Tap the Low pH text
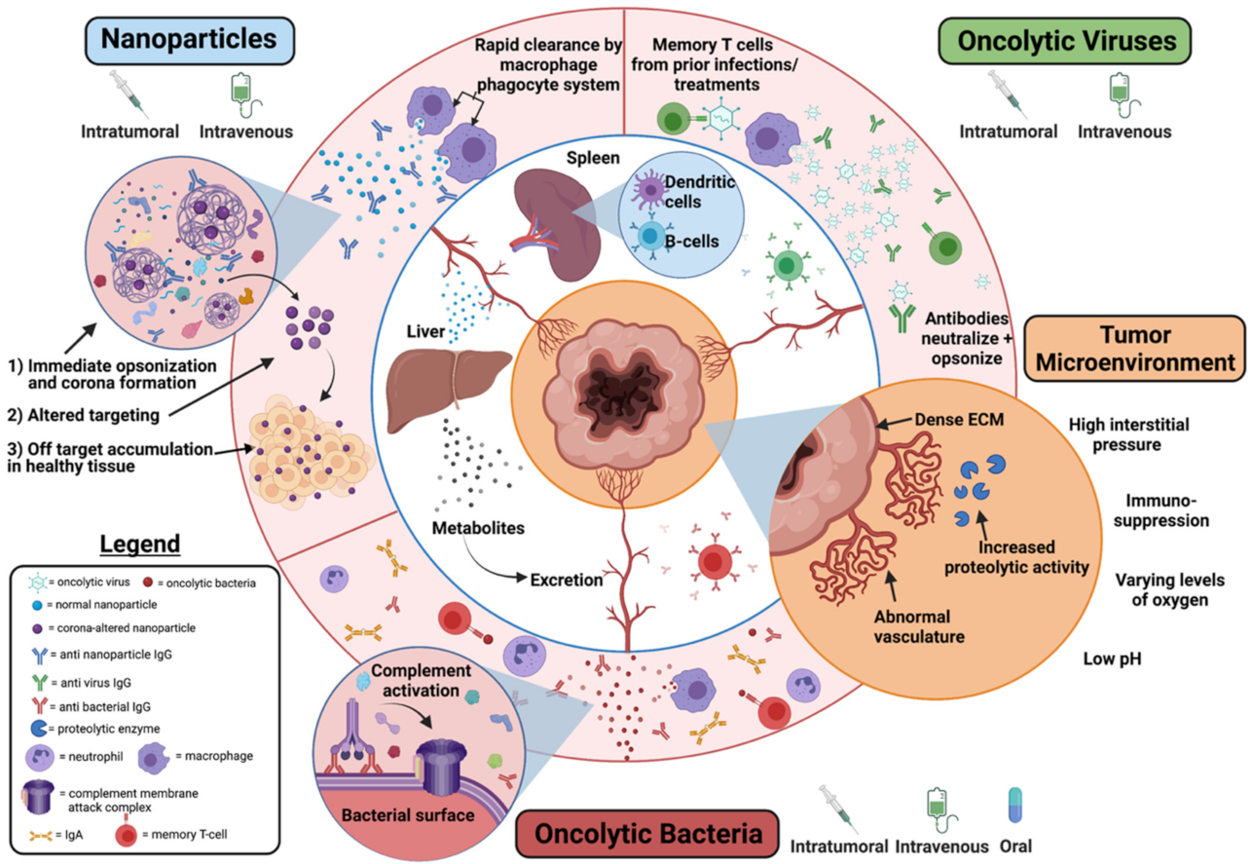1112,659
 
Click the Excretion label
569,581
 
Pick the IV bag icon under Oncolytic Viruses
1123,94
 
